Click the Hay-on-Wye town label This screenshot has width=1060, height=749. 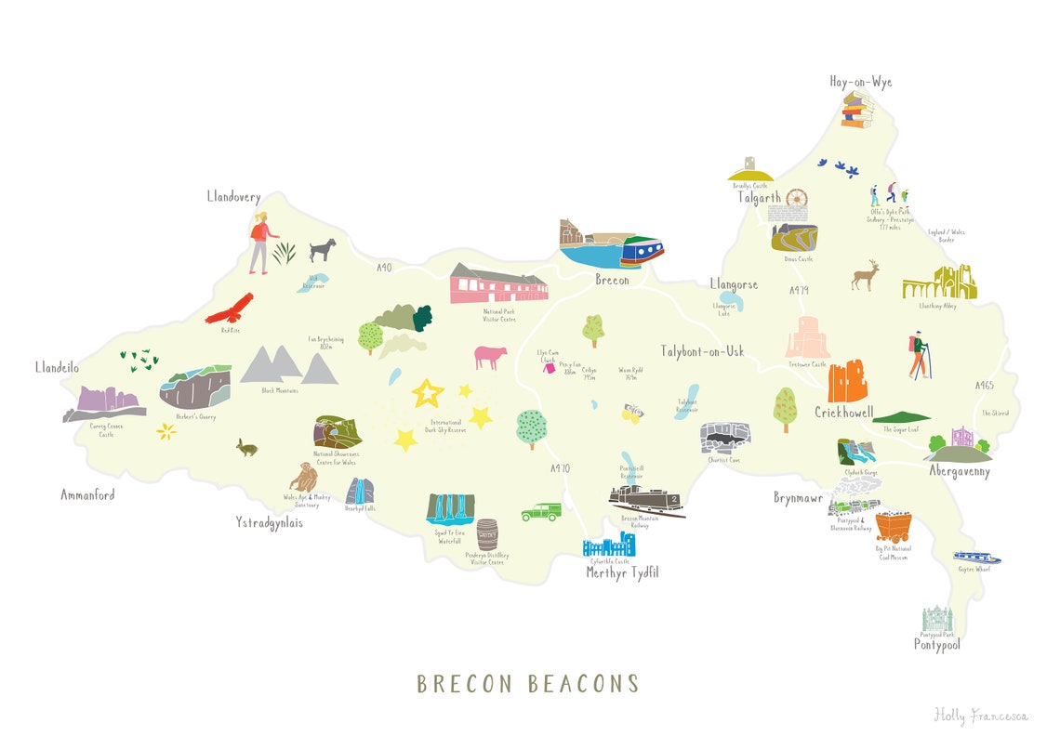[x=860, y=83]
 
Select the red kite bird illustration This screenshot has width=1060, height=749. [x=230, y=308]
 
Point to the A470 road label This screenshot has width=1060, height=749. [x=559, y=468]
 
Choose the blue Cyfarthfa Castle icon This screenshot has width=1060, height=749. [x=608, y=545]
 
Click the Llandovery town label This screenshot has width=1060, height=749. [x=233, y=197]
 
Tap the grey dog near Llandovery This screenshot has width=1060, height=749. [x=323, y=249]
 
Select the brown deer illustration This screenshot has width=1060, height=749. [x=866, y=275]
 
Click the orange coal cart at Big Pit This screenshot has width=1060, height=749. [x=893, y=527]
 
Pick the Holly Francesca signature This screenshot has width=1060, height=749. [x=981, y=715]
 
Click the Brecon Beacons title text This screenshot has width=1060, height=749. [x=528, y=685]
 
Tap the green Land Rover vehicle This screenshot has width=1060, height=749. [x=540, y=512]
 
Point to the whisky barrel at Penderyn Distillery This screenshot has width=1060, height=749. [x=487, y=534]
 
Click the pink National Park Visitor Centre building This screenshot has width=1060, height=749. [x=497, y=283]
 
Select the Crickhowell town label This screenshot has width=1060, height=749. [x=843, y=412]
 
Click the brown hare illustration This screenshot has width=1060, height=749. [x=247, y=448]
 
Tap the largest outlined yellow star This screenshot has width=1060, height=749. [x=428, y=392]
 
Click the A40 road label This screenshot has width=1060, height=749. [x=384, y=268]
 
